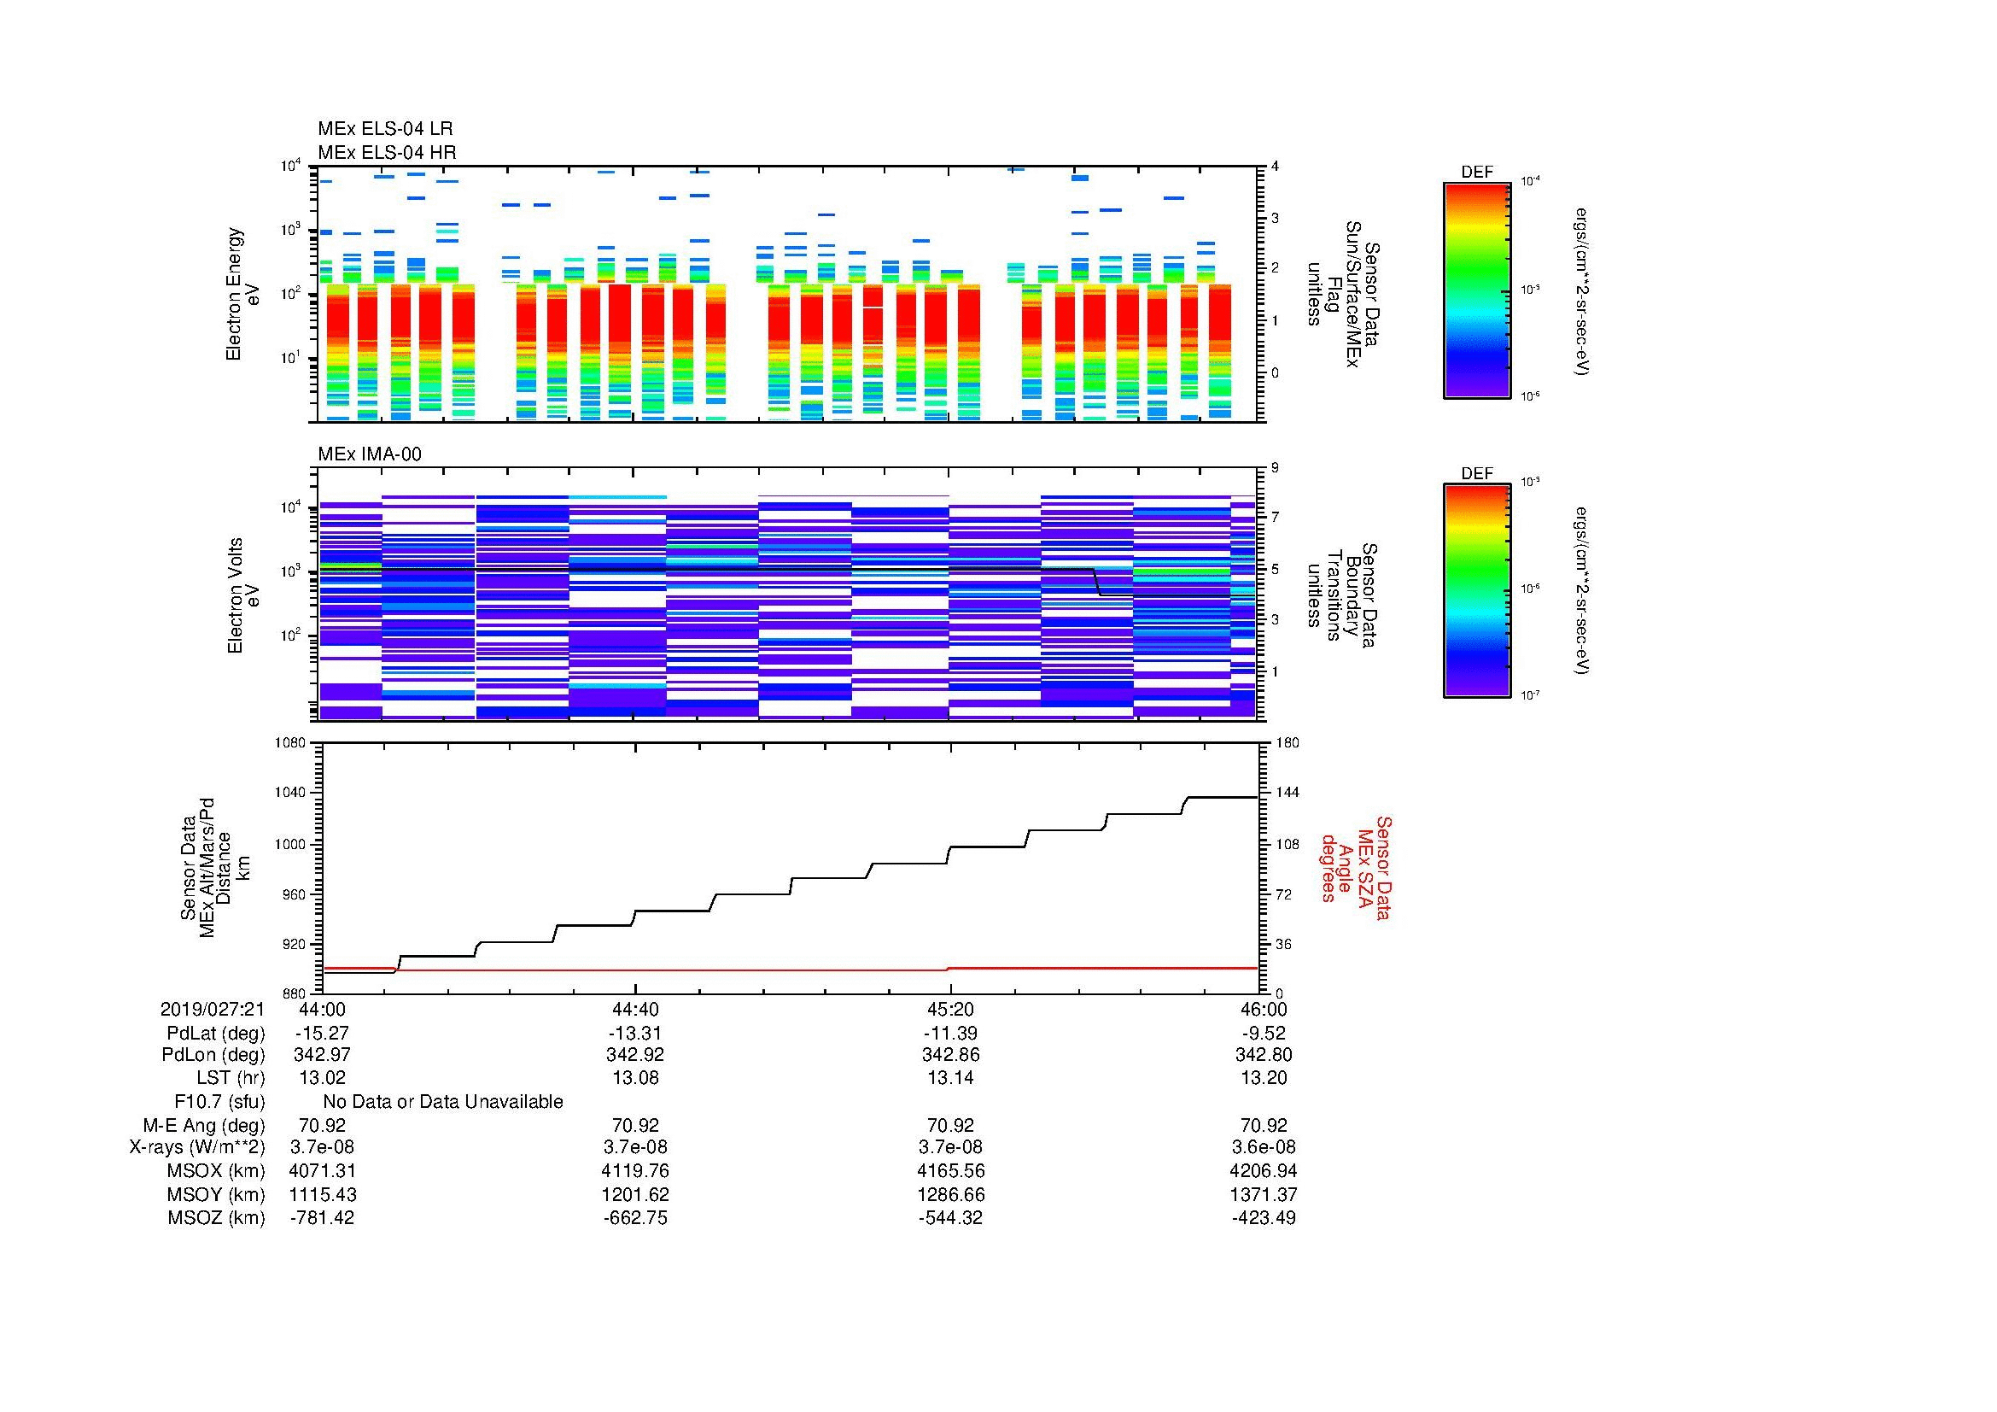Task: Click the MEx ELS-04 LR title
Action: pyautogui.click(x=384, y=129)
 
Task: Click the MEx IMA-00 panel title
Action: pyautogui.click(x=369, y=454)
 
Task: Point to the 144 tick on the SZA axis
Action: pyautogui.click(x=1287, y=793)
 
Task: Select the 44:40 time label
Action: pyautogui.click(x=635, y=1009)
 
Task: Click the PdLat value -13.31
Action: pyautogui.click(x=635, y=1034)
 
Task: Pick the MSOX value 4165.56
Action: pyautogui.click(x=950, y=1171)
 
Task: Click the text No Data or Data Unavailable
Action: pyautogui.click(x=443, y=1102)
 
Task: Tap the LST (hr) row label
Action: pyautogui.click(x=231, y=1078)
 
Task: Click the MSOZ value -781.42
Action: pyautogui.click(x=322, y=1218)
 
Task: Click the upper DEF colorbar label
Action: pyautogui.click(x=1477, y=173)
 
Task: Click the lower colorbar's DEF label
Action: pyautogui.click(x=1477, y=474)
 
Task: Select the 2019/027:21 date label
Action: pyautogui.click(x=213, y=1009)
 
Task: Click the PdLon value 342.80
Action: pyautogui.click(x=1263, y=1055)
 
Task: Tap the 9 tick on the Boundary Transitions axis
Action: pyautogui.click(x=1275, y=467)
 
